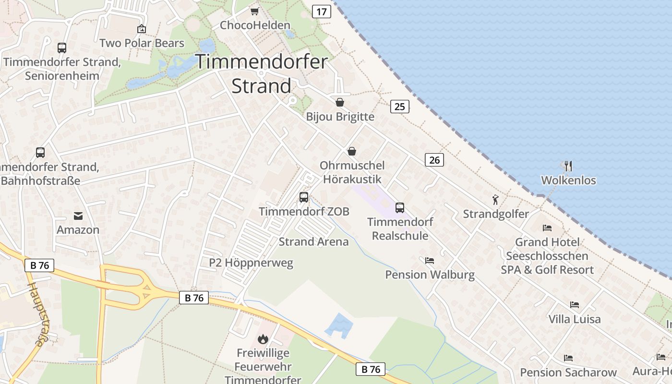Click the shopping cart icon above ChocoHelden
[x=254, y=11]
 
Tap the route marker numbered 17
[x=321, y=11]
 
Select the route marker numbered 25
[x=400, y=107]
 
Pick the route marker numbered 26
[x=434, y=160]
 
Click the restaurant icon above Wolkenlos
[x=568, y=166]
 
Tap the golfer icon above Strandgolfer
[x=495, y=199]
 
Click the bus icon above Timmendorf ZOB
[x=303, y=197]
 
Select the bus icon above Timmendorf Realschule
[x=399, y=207]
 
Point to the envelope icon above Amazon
[x=78, y=216]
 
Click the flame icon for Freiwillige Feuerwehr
[x=263, y=339]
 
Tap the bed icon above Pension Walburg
[x=430, y=260]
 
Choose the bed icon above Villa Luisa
[x=574, y=305]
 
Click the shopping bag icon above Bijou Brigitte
[x=340, y=102]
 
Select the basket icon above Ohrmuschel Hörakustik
[x=352, y=151]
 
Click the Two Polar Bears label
[x=142, y=43]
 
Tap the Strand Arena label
[x=313, y=241]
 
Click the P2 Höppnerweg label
[x=251, y=263]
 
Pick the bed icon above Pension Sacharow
[x=568, y=358]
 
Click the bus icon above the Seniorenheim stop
[x=62, y=48]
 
